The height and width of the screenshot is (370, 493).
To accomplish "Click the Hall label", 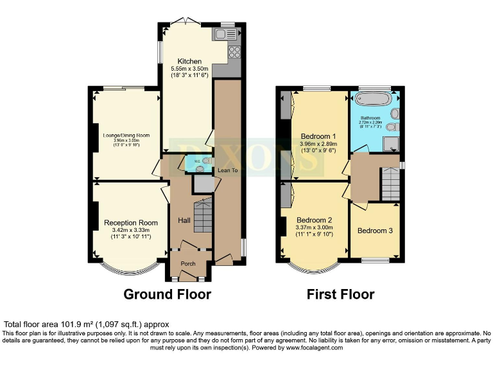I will tap(184, 220).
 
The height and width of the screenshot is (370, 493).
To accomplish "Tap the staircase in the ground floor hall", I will tap(202, 216).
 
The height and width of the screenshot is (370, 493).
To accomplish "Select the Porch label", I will tap(188, 263).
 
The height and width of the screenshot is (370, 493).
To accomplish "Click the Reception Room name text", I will tap(131, 223).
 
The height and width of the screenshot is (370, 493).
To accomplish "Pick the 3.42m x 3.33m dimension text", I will tap(131, 231).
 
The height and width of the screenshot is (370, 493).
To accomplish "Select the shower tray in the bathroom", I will tap(392, 143).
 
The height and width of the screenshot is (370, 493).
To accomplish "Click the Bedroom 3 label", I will tap(376, 231).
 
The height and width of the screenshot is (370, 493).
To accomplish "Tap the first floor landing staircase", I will tap(390, 184).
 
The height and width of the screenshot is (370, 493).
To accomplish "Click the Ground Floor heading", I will tap(167, 295).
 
